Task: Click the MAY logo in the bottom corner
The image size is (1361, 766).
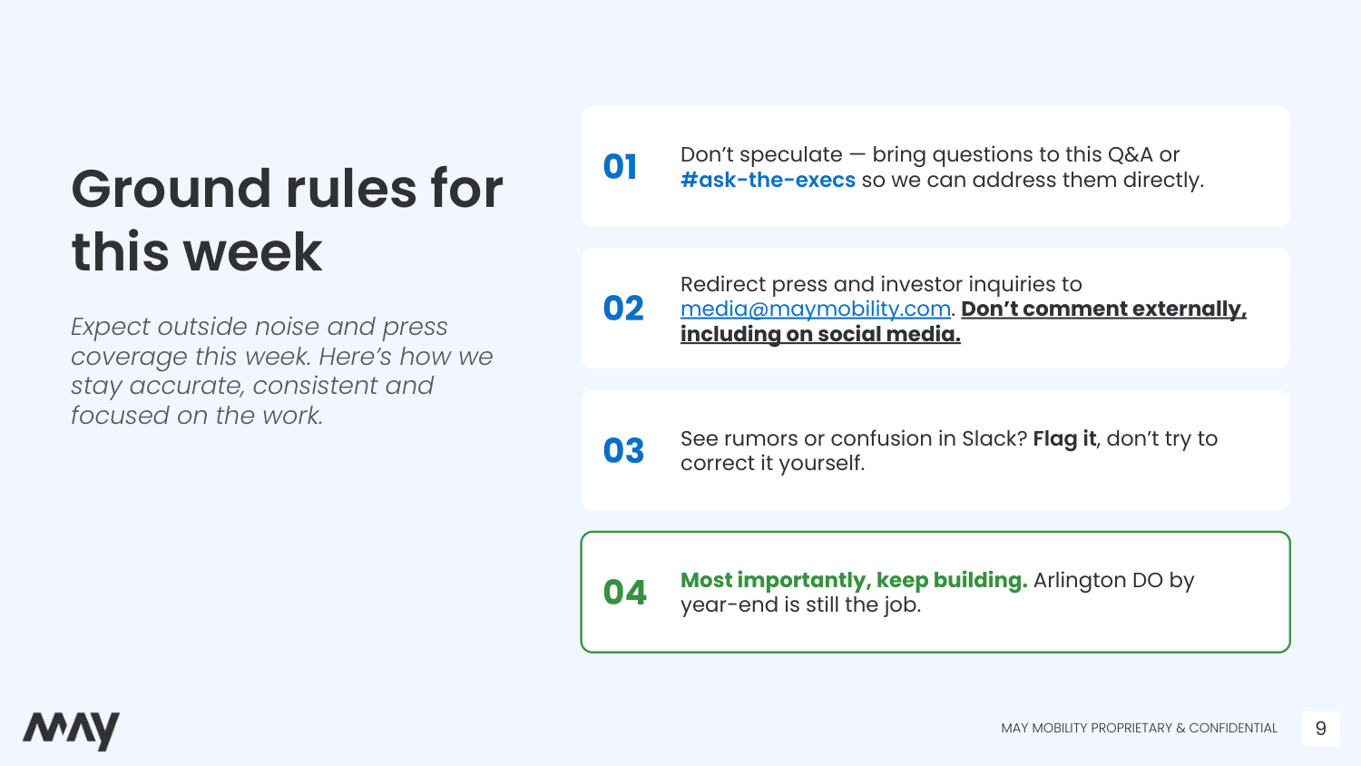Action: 71,730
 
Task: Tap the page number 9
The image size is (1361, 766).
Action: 1320,728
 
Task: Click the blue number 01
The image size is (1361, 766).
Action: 620,167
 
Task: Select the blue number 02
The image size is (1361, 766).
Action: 622,309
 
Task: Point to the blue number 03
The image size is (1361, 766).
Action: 623,450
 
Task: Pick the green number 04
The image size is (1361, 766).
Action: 624,592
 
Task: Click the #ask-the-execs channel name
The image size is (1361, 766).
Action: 768,180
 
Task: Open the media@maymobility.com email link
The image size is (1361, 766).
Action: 816,309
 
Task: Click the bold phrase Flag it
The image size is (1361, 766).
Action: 1064,438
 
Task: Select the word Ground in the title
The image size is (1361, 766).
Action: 171,189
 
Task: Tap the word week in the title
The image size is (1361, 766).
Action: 253,252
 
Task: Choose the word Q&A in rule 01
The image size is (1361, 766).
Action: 1131,154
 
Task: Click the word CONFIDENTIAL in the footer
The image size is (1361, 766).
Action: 1233,728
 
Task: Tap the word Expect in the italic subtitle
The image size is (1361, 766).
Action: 112,327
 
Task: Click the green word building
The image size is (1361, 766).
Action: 980,581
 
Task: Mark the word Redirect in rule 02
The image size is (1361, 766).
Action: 722,284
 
